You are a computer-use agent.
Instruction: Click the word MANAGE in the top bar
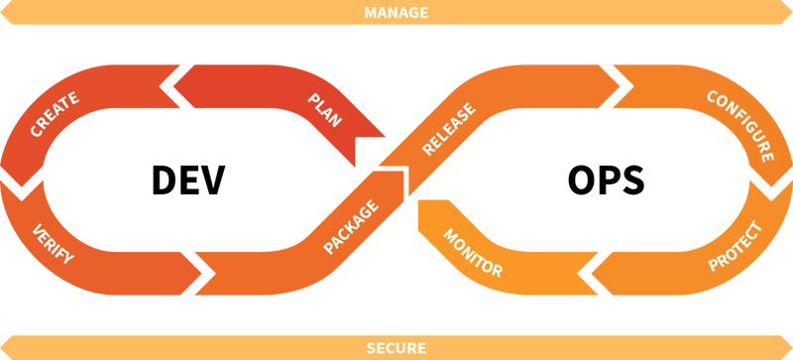click(396, 13)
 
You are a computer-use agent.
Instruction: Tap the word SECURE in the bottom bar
click(396, 348)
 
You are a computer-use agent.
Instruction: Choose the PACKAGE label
click(350, 230)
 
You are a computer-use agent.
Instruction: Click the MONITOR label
click(472, 254)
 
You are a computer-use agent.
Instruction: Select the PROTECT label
click(735, 247)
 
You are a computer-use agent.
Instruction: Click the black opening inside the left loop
click(193, 180)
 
